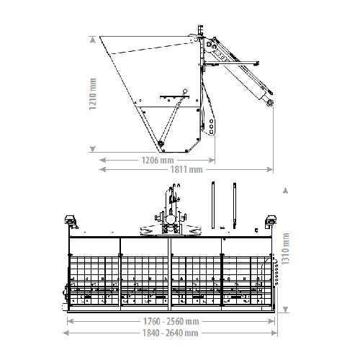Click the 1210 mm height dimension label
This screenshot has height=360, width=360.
93,94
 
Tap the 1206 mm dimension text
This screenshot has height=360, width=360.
158,160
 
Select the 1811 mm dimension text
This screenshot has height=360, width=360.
186,170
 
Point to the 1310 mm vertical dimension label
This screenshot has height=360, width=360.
285,248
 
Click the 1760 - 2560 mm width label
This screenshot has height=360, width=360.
171,321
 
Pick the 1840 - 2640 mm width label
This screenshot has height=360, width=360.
171,333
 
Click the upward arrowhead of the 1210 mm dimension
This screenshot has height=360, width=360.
93,40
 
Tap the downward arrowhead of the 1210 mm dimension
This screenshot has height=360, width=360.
93,149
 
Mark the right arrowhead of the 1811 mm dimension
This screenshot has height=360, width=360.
270,170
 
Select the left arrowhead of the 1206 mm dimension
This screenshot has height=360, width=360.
103,160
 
